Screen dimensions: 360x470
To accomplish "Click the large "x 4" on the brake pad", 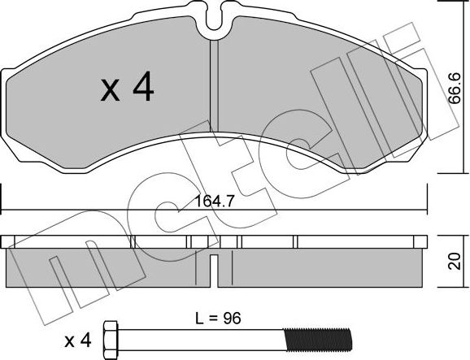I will (x=128, y=89).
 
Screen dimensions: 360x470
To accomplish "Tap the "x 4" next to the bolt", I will (x=84, y=336).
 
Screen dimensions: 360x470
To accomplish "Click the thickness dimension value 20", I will (x=456, y=260).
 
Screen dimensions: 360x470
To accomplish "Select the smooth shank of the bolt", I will (x=203, y=336).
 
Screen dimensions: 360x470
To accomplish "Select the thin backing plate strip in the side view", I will (x=215, y=241).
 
